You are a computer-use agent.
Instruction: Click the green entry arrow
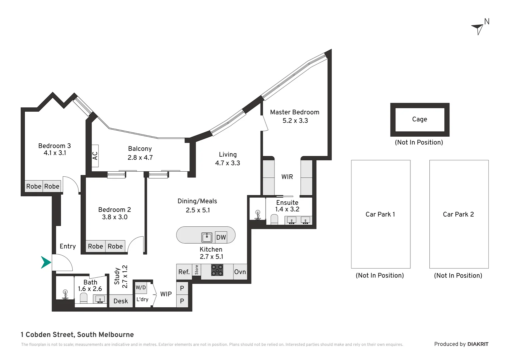pyautogui.click(x=46, y=262)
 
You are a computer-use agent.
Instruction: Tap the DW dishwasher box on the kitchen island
pyautogui.click(x=221, y=237)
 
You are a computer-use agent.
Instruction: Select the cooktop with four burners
pyautogui.click(x=217, y=270)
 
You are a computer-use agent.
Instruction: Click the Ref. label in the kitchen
pyautogui.click(x=184, y=272)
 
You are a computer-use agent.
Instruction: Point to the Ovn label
pyautogui.click(x=240, y=272)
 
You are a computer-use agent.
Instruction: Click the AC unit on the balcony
pyautogui.click(x=95, y=156)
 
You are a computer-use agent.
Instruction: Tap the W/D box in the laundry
pyautogui.click(x=141, y=287)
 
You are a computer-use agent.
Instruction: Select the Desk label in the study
pyautogui.click(x=121, y=301)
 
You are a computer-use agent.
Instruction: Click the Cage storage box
pyautogui.click(x=420, y=119)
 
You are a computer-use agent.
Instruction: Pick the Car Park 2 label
pyautogui.click(x=458, y=214)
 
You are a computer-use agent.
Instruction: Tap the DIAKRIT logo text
pyautogui.click(x=478, y=344)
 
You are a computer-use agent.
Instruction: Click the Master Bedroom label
pyautogui.click(x=294, y=112)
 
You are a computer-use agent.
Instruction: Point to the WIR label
pyautogui.click(x=287, y=177)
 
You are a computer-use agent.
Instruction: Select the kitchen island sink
pyautogui.click(x=207, y=237)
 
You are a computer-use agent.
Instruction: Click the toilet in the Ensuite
pyautogui.click(x=274, y=219)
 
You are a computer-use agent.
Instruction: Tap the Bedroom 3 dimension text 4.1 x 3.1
pyautogui.click(x=55, y=153)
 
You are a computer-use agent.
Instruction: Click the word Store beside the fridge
pyautogui.click(x=197, y=270)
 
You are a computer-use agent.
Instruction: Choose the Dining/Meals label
pyautogui.click(x=197, y=201)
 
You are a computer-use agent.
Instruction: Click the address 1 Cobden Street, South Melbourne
pyautogui.click(x=77, y=335)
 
